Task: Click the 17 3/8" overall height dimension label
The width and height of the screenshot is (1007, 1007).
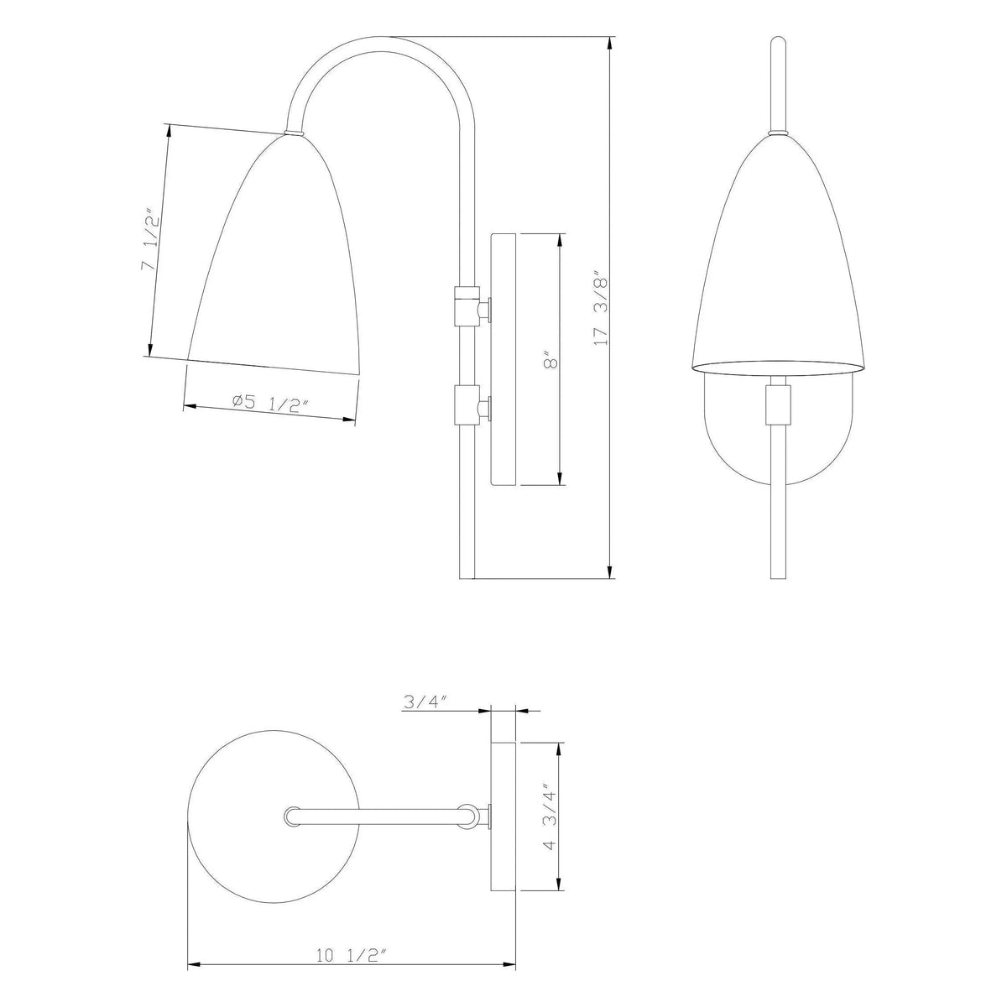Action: tap(599, 308)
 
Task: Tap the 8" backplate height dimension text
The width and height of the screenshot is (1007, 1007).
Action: tap(550, 362)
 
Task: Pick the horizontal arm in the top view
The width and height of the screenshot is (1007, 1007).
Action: tap(378, 815)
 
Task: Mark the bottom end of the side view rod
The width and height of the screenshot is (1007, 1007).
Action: tap(468, 574)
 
